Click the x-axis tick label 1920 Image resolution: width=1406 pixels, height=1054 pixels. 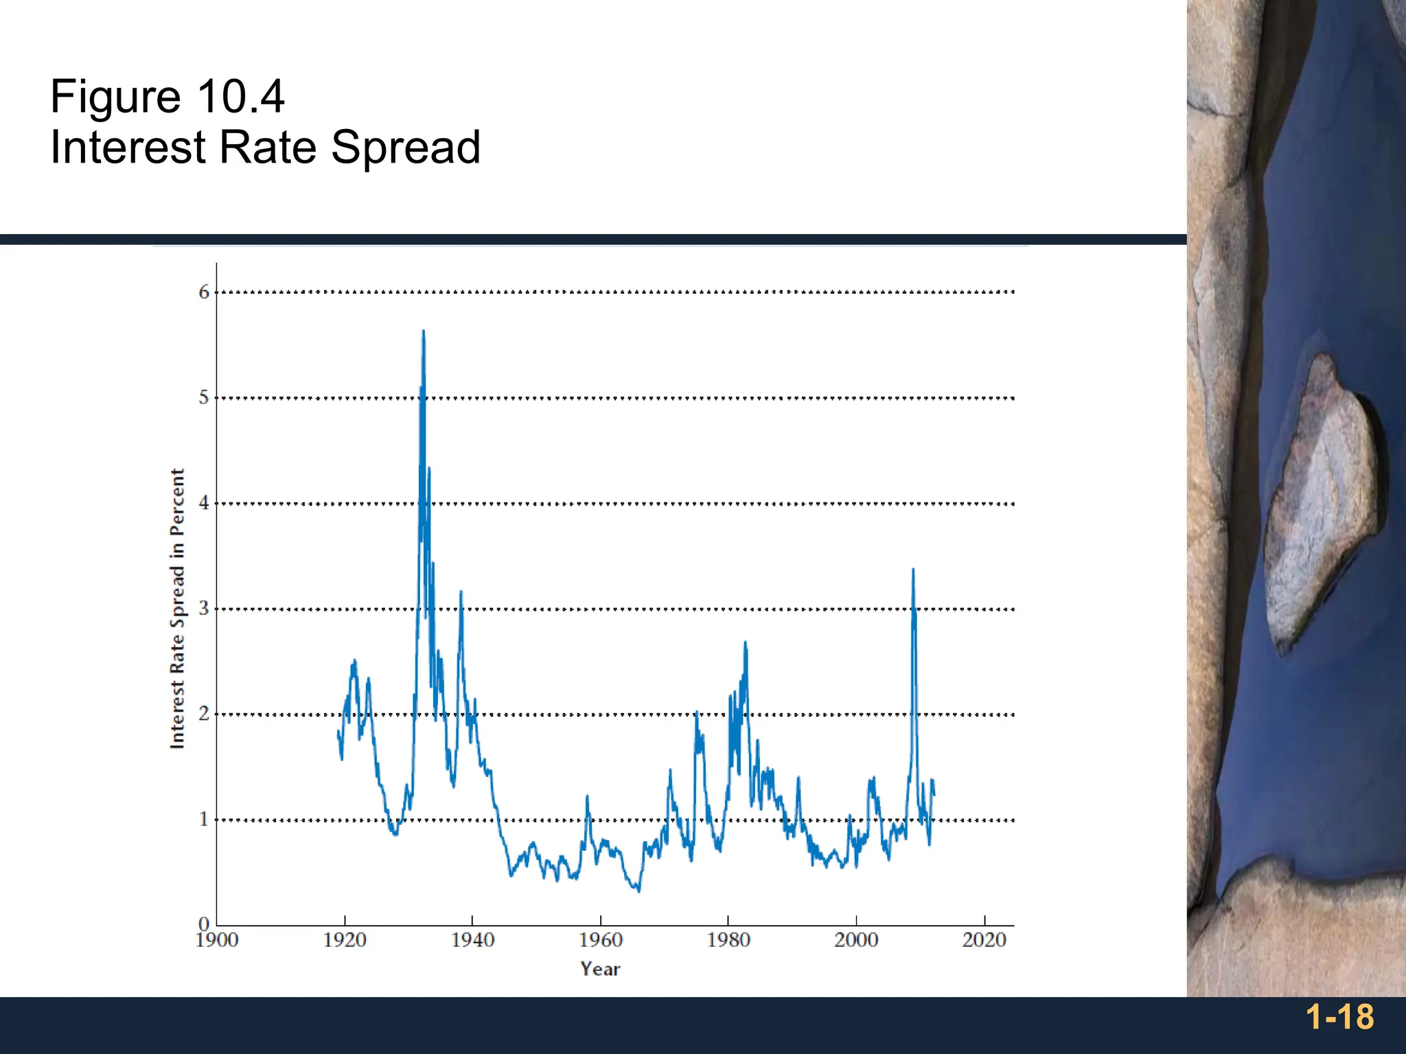(x=345, y=940)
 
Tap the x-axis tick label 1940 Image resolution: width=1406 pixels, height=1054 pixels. (x=472, y=940)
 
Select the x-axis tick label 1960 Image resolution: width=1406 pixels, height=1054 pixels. (x=600, y=940)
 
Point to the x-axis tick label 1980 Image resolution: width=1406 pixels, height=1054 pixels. (x=728, y=940)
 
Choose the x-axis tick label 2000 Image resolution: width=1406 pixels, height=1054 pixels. (x=856, y=940)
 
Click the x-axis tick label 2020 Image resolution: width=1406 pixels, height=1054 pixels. (x=984, y=940)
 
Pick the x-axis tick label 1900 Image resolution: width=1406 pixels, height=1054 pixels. (x=217, y=940)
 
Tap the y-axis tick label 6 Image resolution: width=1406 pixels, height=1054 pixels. (x=204, y=292)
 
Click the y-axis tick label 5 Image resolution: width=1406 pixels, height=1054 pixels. (x=204, y=397)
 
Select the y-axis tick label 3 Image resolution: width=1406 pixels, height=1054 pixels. (x=204, y=609)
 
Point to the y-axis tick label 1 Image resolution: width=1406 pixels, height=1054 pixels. (x=204, y=819)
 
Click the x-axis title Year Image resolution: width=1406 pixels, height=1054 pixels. (x=600, y=969)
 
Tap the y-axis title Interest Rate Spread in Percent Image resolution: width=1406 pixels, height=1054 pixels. (x=178, y=609)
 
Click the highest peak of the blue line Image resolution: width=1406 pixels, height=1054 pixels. (x=424, y=332)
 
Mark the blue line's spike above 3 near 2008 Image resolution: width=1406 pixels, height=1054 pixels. (x=913, y=570)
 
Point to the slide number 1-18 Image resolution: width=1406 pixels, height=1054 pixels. (x=1339, y=1017)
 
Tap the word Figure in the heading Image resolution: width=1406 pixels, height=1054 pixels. (x=115, y=97)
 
